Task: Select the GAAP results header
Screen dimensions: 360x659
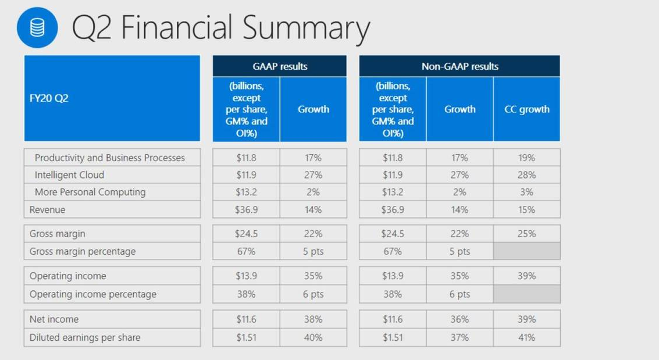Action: pyautogui.click(x=280, y=66)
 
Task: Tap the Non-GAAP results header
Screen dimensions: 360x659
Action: pyautogui.click(x=459, y=66)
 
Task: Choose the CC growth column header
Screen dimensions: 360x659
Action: pyautogui.click(x=526, y=109)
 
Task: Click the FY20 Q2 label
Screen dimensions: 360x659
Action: pyautogui.click(x=49, y=98)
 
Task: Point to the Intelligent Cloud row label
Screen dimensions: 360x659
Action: pyautogui.click(x=69, y=175)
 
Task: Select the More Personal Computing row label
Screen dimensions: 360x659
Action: pyautogui.click(x=90, y=192)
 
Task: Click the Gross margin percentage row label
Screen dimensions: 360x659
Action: pyautogui.click(x=82, y=251)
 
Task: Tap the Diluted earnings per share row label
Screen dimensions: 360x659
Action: pyautogui.click(x=85, y=337)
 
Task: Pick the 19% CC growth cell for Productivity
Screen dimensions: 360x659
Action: pyautogui.click(x=526, y=158)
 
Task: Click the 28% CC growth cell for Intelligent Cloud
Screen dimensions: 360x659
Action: pyautogui.click(x=526, y=175)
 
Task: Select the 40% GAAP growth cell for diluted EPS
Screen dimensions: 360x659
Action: pyautogui.click(x=313, y=337)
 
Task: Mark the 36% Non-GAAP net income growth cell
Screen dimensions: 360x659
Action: pyautogui.click(x=459, y=319)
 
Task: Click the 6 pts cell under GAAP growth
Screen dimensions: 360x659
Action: pyautogui.click(x=313, y=294)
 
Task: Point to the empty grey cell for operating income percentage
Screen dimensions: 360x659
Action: pyautogui.click(x=526, y=294)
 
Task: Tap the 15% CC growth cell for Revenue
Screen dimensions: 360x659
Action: pyautogui.click(x=526, y=209)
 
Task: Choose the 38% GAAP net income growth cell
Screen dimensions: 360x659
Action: pyautogui.click(x=313, y=319)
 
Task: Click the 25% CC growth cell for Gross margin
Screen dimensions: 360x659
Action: pyautogui.click(x=526, y=234)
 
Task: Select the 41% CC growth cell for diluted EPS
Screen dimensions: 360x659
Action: pyautogui.click(x=526, y=337)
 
